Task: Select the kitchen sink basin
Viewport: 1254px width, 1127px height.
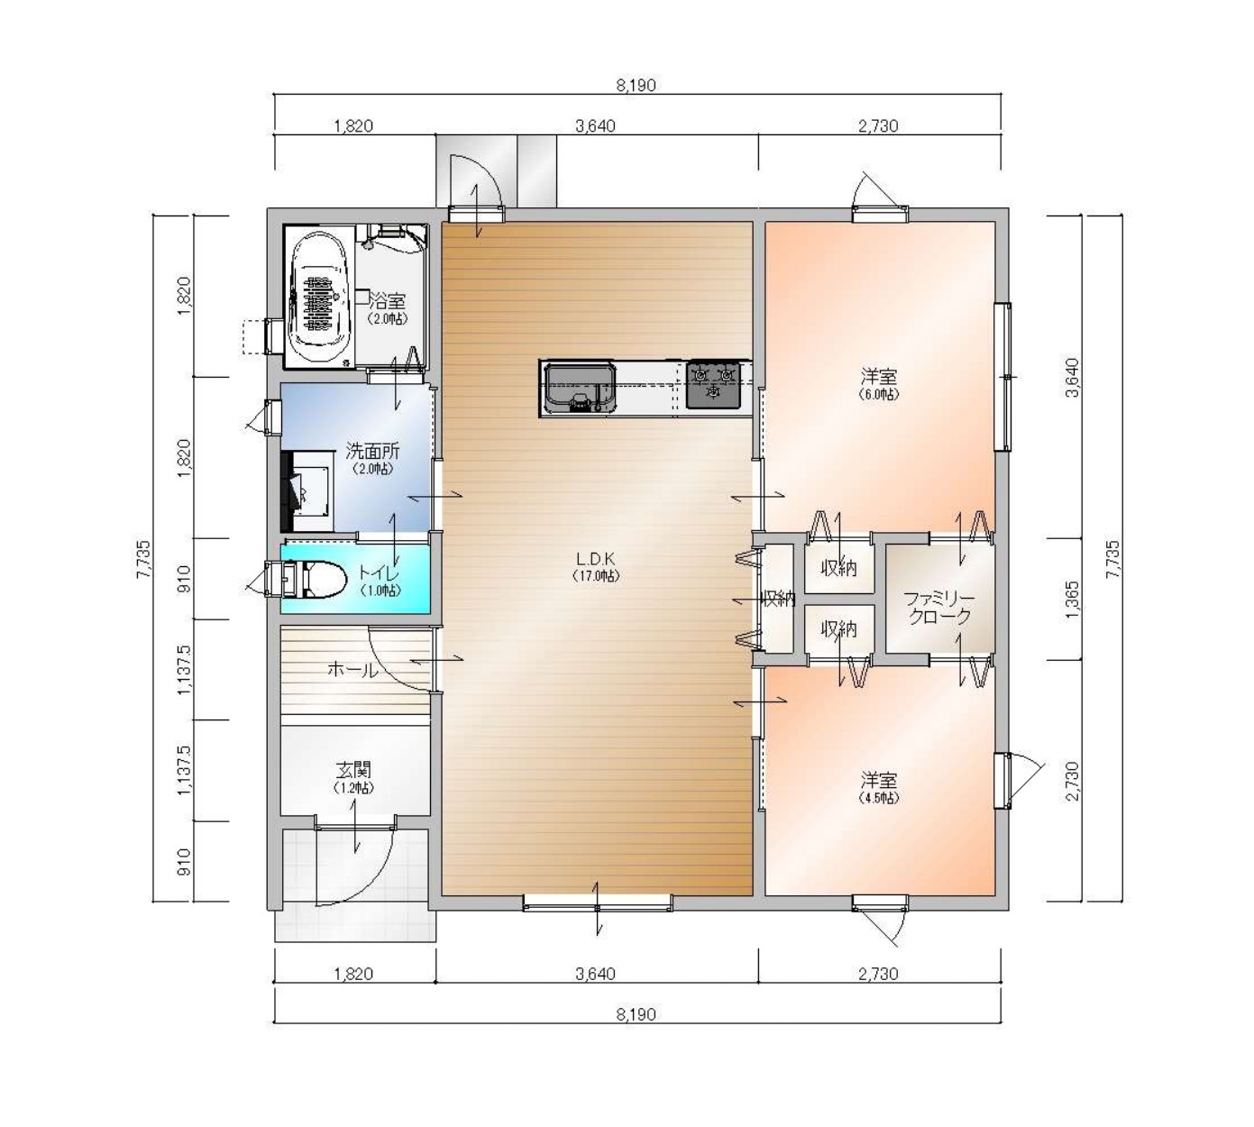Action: (580, 388)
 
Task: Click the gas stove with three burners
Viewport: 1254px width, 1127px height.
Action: (713, 384)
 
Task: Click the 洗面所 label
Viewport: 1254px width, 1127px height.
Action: (372, 458)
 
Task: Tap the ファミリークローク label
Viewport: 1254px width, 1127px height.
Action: (939, 607)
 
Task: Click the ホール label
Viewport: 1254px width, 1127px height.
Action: (352, 669)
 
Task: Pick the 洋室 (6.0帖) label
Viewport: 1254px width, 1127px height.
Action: (879, 384)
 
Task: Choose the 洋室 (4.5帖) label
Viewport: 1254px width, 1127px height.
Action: (879, 787)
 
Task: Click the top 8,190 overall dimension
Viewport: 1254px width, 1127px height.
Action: (636, 85)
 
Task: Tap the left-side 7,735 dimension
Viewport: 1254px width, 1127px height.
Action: (143, 559)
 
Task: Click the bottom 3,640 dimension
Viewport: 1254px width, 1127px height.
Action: (595, 974)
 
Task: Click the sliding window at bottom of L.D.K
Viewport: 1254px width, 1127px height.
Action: (598, 903)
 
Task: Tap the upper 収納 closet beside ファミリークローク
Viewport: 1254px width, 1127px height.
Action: (839, 567)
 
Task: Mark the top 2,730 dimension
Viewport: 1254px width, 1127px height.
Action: (878, 126)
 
